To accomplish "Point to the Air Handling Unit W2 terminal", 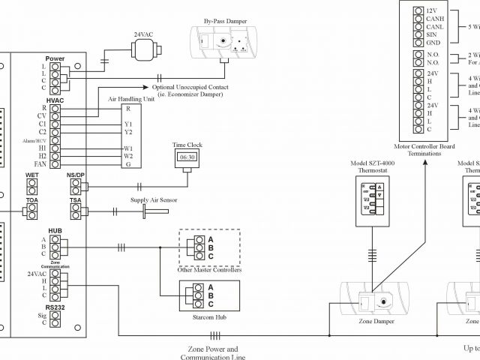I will tap(129, 156).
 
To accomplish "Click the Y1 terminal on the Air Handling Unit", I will tap(129, 124).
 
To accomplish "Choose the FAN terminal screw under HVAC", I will tap(55, 164).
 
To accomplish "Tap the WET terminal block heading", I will tap(32, 175).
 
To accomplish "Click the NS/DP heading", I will tap(75, 175).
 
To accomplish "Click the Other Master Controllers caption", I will tap(209, 269).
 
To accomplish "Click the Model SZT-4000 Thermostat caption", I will tap(373, 166).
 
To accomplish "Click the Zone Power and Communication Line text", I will tap(213, 353).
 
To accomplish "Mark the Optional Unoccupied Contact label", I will tap(190, 86).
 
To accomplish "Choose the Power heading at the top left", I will tap(55, 58).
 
